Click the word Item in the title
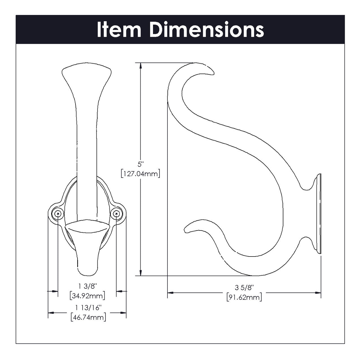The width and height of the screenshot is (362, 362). coord(119,29)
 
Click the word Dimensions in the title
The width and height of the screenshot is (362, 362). coord(207,29)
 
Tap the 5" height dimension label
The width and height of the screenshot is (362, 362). coord(140,164)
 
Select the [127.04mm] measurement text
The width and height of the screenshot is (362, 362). coord(140,173)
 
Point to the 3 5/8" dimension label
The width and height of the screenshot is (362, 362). coord(244,288)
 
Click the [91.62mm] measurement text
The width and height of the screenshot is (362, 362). coord(244,297)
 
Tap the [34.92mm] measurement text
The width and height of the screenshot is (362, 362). coord(87,296)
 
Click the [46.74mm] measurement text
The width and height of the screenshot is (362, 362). coord(88,317)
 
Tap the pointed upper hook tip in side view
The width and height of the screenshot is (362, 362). coord(211,72)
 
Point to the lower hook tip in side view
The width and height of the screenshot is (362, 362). coord(187,230)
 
